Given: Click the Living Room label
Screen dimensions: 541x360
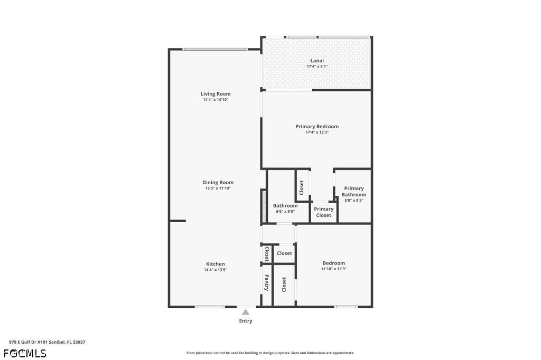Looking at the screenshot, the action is tap(216, 94).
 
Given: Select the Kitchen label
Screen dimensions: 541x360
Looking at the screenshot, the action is tap(216, 264).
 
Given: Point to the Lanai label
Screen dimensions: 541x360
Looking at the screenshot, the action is tap(317, 61).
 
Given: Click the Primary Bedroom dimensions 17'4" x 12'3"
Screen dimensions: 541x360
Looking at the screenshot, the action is tap(317, 132).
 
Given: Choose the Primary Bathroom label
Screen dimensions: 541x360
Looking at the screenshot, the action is tap(354, 192).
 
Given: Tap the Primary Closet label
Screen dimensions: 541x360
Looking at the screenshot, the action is tap(324, 212).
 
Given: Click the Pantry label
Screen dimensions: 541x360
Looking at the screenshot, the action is tap(267, 283).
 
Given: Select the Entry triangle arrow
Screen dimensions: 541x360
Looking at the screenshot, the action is tap(246, 312).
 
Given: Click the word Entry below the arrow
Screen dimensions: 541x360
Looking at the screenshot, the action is tap(246, 321).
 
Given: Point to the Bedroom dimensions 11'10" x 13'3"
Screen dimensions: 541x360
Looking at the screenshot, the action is tap(334, 269).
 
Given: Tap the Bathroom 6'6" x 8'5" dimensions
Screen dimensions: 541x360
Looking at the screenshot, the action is tap(285, 211).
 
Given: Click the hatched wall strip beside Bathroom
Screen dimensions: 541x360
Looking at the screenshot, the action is tap(263, 206).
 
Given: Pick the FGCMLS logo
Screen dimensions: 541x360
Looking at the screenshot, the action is tap(25, 354).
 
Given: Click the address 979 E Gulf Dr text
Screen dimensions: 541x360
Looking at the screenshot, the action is tap(47, 342).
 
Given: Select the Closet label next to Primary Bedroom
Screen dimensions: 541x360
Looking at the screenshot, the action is tap(301, 187).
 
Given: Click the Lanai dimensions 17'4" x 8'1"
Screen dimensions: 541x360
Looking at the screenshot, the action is tap(317, 67).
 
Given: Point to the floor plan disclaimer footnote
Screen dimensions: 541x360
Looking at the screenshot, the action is tap(270, 353).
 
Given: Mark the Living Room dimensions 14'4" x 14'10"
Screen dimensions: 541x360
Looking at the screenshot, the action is tap(216, 100).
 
